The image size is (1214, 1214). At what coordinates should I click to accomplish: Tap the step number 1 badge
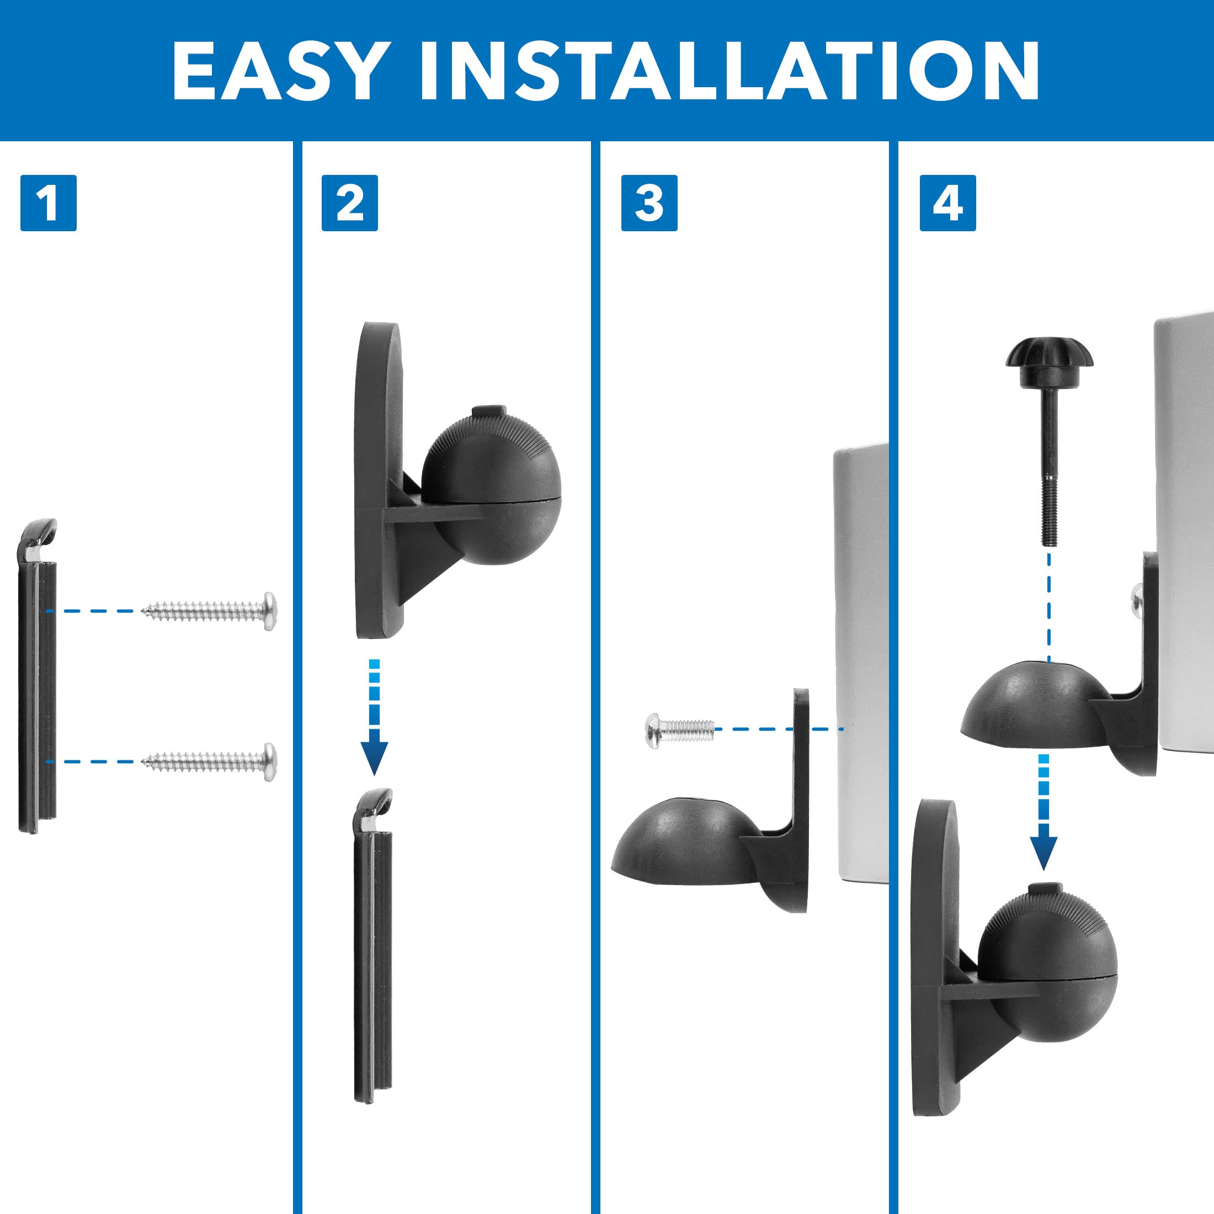[49, 203]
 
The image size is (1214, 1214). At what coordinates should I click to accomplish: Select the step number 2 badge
[349, 203]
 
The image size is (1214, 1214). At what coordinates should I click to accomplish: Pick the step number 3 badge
[649, 203]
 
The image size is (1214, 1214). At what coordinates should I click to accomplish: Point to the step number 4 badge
[947, 203]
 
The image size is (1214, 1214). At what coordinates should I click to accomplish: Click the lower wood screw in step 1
[210, 761]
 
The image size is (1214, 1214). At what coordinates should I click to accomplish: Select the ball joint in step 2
[491, 490]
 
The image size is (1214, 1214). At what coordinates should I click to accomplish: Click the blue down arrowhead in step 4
[1043, 853]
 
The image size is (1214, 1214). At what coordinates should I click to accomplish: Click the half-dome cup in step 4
[1030, 704]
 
